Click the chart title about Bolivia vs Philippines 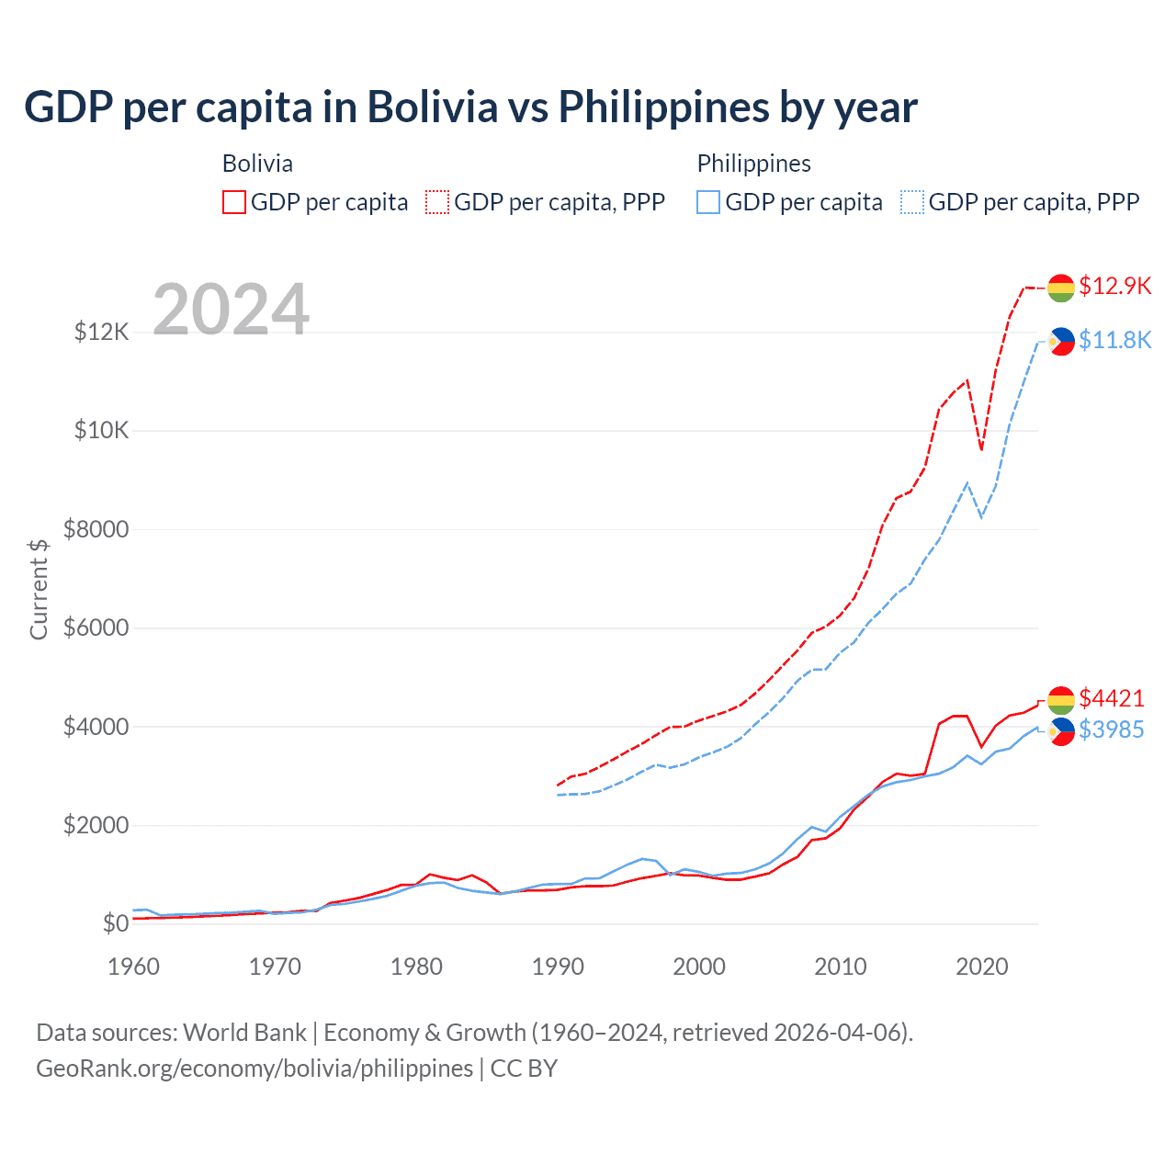(470, 107)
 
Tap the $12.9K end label (1114, 286)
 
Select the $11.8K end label (1114, 340)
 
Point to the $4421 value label (1112, 698)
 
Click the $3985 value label (1112, 729)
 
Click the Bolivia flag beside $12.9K (1061, 288)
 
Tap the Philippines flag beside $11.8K (1061, 342)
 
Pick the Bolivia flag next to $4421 (1061, 700)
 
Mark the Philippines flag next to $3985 (1061, 731)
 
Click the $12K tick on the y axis (101, 332)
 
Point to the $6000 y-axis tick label (96, 628)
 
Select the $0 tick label (115, 923)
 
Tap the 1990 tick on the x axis (558, 967)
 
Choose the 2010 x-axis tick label (841, 967)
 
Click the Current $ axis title (39, 589)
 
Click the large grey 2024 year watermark (231, 310)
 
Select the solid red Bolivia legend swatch (234, 202)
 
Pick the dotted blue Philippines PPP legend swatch (912, 202)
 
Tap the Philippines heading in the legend (753, 164)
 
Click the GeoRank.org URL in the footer (254, 1069)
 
